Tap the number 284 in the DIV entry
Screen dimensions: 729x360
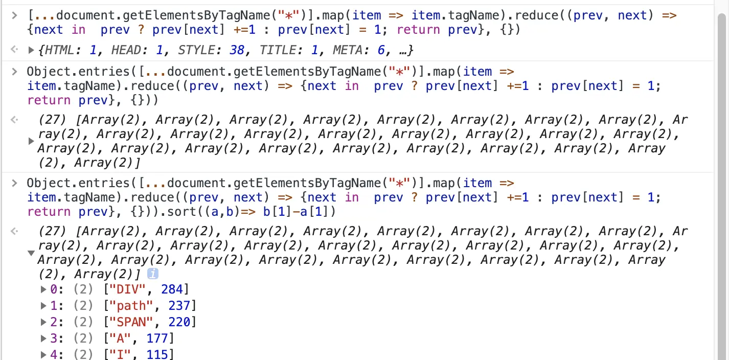[x=172, y=290]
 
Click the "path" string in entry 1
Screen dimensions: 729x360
[x=125, y=306]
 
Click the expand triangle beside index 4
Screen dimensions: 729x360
[x=43, y=354]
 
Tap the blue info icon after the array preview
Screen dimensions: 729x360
[x=152, y=274]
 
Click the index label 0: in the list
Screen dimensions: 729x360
[x=56, y=290]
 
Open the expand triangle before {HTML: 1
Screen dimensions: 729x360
[x=31, y=50]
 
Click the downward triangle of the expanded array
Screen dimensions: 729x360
[x=31, y=253]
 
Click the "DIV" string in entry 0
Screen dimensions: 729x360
[x=121, y=290]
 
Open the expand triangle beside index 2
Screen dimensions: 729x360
[x=43, y=322]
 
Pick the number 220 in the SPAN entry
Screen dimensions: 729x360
[x=179, y=322]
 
